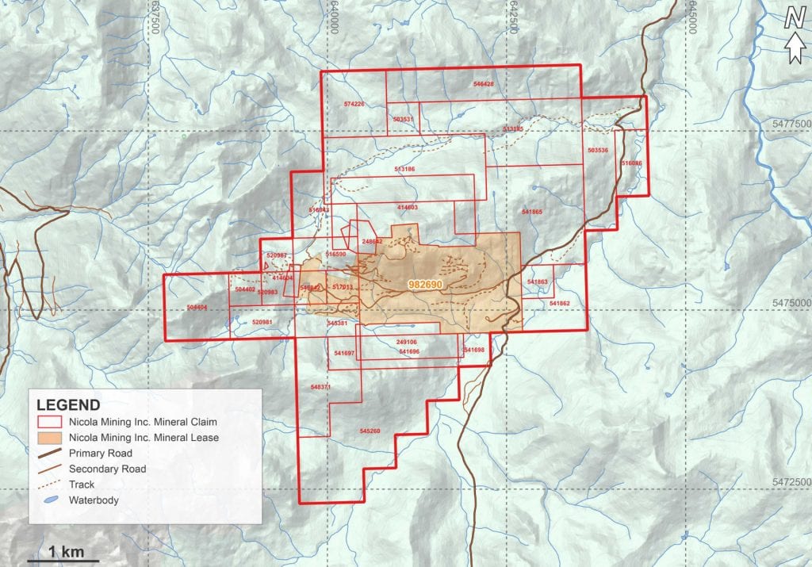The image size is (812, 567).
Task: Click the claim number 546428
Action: click(483, 84)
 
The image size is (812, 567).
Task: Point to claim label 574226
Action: click(354, 104)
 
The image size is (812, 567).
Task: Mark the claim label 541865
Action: click(532, 212)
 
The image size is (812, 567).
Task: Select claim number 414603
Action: click(407, 207)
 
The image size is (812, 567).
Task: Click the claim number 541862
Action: click(559, 304)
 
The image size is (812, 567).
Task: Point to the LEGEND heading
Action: click(68, 404)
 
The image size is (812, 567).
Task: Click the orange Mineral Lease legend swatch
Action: click(49, 437)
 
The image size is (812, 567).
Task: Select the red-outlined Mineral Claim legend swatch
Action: click(49, 421)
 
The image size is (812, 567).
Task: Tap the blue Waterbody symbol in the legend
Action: click(49, 500)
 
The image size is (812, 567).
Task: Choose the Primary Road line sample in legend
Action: click(49, 453)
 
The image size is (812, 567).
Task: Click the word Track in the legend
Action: click(82, 485)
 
